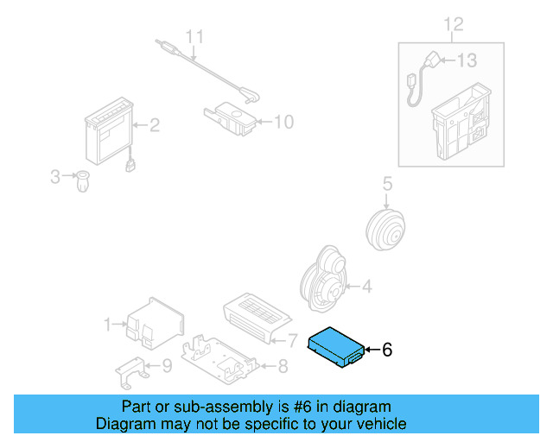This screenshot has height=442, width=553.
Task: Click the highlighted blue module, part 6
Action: point(336,348)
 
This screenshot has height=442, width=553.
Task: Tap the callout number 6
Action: point(387,350)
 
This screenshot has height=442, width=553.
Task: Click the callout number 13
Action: point(467,60)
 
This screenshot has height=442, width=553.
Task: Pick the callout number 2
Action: point(155,126)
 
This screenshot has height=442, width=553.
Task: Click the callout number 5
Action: point(387,183)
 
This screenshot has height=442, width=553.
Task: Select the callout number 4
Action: point(366,286)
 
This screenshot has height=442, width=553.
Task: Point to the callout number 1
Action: point(108,325)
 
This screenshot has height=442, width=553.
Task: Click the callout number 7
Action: point(292,339)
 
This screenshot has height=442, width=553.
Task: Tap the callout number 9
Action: point(167,366)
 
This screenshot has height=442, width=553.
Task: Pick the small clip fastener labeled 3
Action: point(84,181)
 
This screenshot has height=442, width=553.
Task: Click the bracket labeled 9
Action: point(132,371)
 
